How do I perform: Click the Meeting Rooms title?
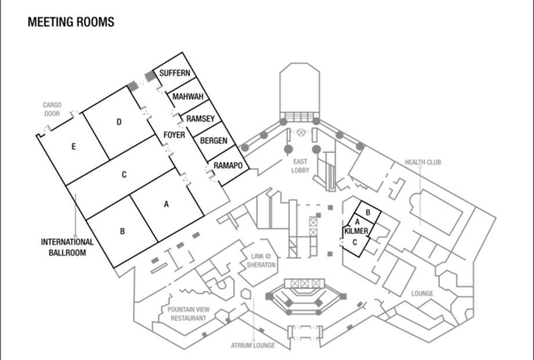[x=71, y=22]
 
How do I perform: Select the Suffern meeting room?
[x=174, y=73]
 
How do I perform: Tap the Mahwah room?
[x=187, y=96]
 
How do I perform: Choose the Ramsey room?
[x=200, y=118]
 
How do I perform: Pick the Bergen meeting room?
[x=214, y=141]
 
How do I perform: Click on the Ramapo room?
[x=228, y=165]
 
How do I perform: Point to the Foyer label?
[x=174, y=135]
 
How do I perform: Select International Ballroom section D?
[x=118, y=122]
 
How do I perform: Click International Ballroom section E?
[x=73, y=147]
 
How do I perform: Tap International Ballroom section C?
[x=124, y=175]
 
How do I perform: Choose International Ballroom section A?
[x=166, y=204]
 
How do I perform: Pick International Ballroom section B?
[x=122, y=232]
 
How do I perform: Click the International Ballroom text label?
[x=67, y=247]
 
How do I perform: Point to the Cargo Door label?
[x=52, y=109]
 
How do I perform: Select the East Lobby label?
[x=300, y=166]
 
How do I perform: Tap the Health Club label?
[x=423, y=163]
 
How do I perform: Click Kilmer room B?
[x=368, y=213]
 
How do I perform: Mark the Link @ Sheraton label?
[x=261, y=261]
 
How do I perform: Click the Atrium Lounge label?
[x=253, y=345]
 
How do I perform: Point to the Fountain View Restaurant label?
[x=188, y=314]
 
